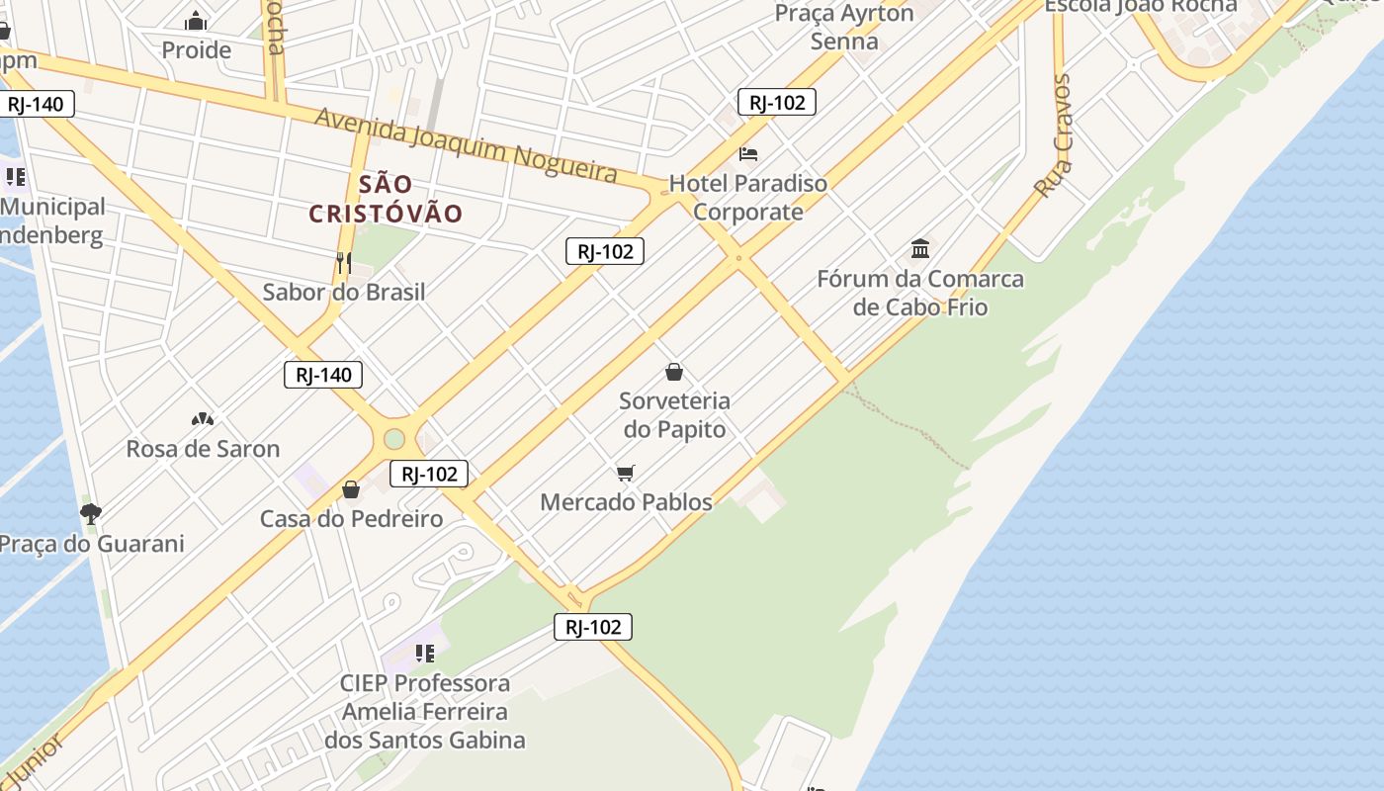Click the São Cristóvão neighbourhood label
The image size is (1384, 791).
[386, 199]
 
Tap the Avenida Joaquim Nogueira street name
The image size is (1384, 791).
[466, 146]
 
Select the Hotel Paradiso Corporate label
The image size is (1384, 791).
[748, 197]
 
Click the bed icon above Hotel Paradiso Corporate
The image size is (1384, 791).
[748, 154]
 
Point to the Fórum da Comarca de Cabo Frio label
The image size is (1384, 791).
[920, 293]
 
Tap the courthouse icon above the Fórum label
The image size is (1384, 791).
[920, 247]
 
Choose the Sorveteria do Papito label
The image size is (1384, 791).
[674, 415]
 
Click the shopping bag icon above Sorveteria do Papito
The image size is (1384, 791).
[674, 372]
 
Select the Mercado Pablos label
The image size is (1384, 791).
[626, 502]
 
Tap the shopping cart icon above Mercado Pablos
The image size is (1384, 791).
[625, 474]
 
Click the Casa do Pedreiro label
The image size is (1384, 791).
[351, 519]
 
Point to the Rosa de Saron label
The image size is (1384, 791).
[203, 449]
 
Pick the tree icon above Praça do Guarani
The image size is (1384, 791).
[91, 513]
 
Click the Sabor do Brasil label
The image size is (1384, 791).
[344, 292]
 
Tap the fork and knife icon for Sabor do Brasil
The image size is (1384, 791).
[344, 262]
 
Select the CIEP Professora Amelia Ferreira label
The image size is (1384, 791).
[425, 711]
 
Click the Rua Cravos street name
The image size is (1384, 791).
[1055, 135]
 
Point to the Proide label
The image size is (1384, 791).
[196, 50]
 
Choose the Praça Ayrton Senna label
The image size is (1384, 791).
[844, 28]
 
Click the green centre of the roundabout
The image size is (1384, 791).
[394, 438]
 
